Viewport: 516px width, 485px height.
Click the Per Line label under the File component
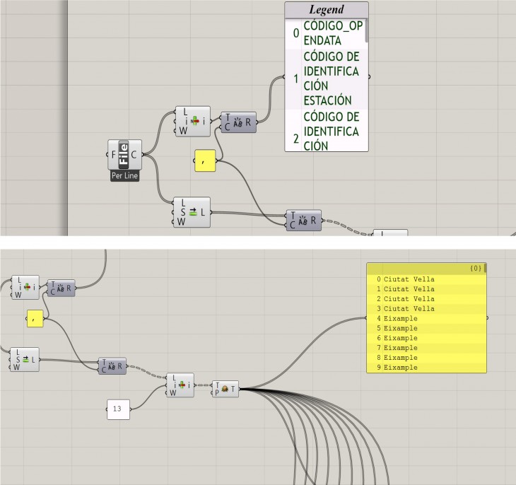pyautogui.click(x=124, y=176)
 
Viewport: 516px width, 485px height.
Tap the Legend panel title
pyautogui.click(x=327, y=10)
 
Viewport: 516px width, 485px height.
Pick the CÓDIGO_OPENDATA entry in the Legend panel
pyautogui.click(x=331, y=33)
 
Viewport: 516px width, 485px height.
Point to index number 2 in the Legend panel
pyautogui.click(x=295, y=139)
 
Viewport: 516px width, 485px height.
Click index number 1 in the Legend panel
pyautogui.click(x=295, y=79)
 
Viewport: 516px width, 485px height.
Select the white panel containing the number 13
pyautogui.click(x=117, y=409)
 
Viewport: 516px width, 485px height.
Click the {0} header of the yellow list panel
pyautogui.click(x=476, y=269)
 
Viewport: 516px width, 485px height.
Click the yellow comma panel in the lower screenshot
pyautogui.click(x=35, y=319)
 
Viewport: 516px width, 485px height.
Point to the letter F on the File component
pyautogui.click(x=113, y=153)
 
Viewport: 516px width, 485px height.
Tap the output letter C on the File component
pyautogui.click(x=134, y=153)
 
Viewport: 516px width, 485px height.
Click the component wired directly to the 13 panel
pyautogui.click(x=180, y=385)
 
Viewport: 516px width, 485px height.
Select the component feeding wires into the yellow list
pyautogui.click(x=225, y=388)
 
